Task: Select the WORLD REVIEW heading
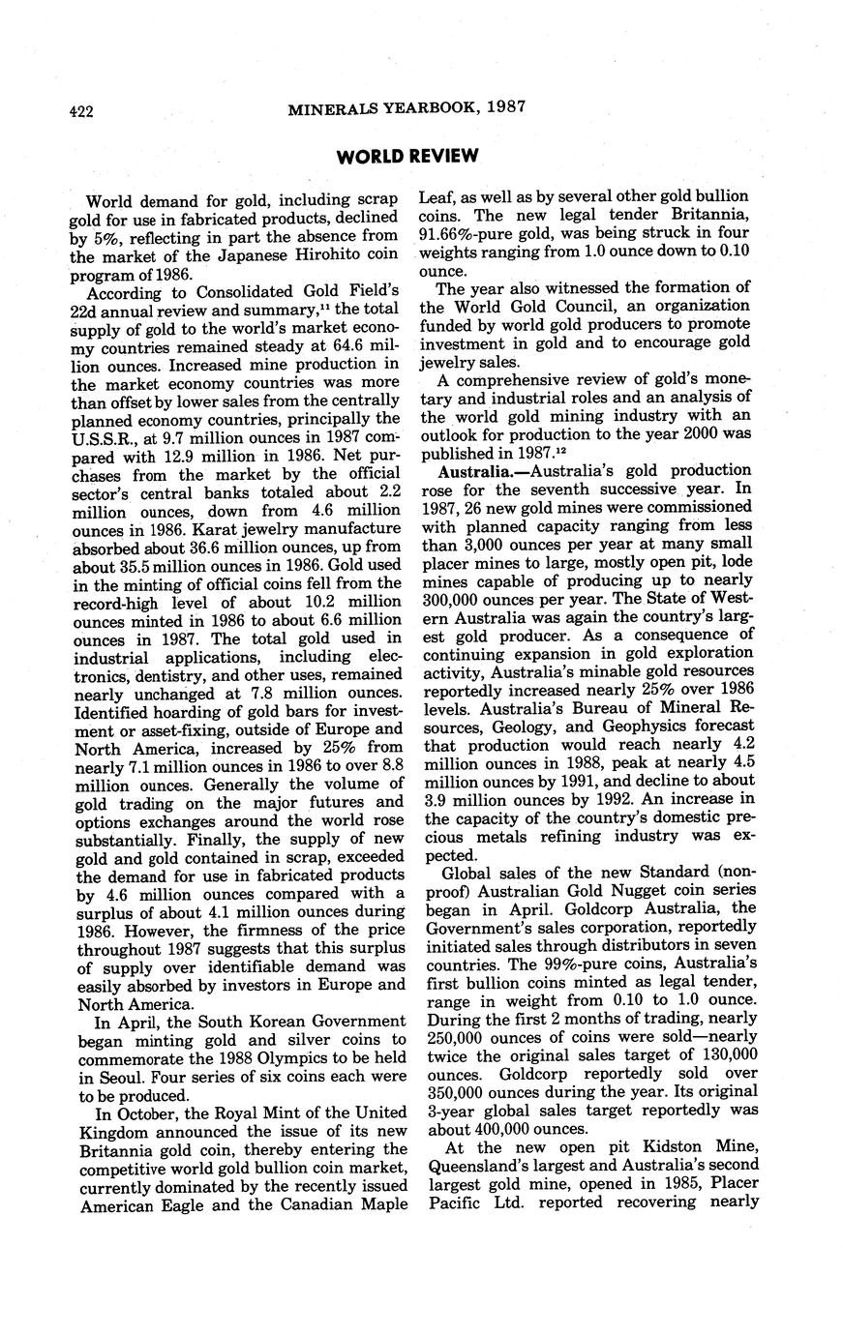pos(406,156)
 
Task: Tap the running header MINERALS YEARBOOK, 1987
pos(406,108)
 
